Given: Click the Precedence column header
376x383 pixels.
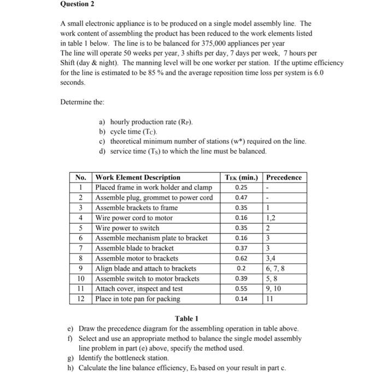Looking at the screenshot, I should pyautogui.click(x=283, y=177).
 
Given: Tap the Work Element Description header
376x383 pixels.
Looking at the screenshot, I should pyautogui.click(x=138, y=177).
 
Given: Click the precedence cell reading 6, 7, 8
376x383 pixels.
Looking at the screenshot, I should pyautogui.click(x=275, y=268).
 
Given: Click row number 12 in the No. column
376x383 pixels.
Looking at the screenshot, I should pyautogui.click(x=80, y=299).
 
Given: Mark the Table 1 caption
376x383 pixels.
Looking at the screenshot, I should pyautogui.click(x=186, y=318).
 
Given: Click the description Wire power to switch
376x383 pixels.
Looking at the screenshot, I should pyautogui.click(x=127, y=228).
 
